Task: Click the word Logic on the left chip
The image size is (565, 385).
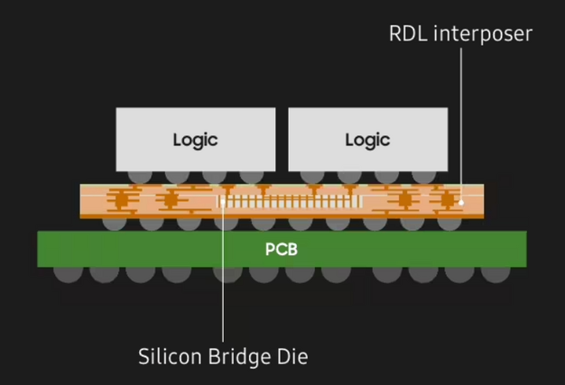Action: [x=196, y=140]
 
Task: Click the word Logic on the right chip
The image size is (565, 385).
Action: [x=367, y=140]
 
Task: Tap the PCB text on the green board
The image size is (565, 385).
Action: [x=281, y=249]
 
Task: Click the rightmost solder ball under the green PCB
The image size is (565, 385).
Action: [x=496, y=271]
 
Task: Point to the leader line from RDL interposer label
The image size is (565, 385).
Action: [x=461, y=117]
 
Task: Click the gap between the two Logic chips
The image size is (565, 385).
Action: [x=282, y=140]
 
